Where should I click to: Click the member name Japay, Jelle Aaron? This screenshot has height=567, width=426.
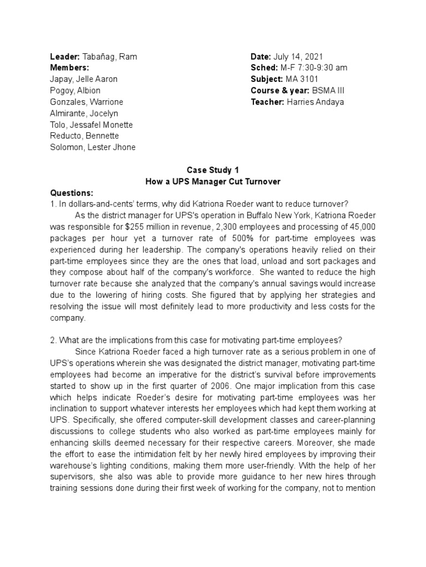[x=84, y=79]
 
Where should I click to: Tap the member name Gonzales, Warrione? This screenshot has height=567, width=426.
[x=87, y=102]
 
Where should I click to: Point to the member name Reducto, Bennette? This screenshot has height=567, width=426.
[x=84, y=136]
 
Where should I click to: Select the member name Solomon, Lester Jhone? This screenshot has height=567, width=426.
[x=93, y=147]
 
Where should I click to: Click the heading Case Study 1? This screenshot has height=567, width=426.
[x=213, y=170]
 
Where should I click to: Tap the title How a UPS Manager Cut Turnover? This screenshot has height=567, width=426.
[x=213, y=181]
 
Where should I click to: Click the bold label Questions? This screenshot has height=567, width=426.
[x=72, y=193]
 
